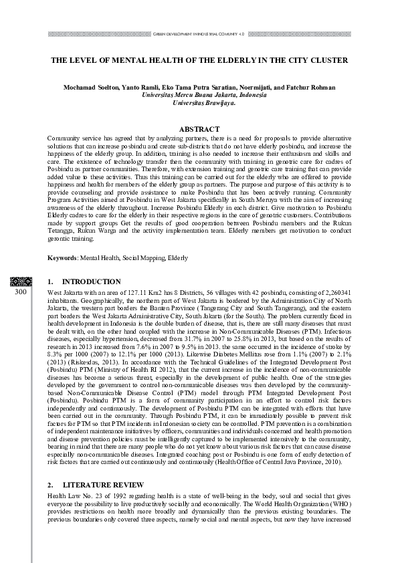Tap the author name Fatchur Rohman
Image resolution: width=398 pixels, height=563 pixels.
314,88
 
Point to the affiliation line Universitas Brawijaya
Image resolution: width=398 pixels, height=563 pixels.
199,104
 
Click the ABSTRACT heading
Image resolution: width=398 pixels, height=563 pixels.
199,129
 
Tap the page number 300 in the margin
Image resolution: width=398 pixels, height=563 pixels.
21,292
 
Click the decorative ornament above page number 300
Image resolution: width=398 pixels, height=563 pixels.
21,281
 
